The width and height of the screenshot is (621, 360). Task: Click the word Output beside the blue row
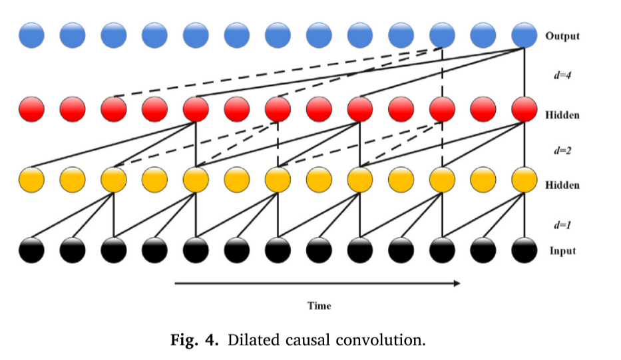coord(562,36)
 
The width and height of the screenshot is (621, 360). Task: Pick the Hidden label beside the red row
coord(562,115)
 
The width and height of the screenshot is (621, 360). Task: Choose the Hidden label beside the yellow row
coord(562,185)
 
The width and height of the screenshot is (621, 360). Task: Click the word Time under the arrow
coord(319,306)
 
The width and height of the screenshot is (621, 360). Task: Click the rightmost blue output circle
coord(523,35)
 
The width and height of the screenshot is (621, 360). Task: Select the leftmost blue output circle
coord(32,35)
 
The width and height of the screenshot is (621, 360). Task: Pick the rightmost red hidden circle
coord(523,108)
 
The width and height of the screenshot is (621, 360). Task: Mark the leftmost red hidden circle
coord(32,108)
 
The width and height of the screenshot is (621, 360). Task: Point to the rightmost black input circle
coord(523,251)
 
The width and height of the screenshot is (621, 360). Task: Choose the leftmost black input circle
coord(32,251)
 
